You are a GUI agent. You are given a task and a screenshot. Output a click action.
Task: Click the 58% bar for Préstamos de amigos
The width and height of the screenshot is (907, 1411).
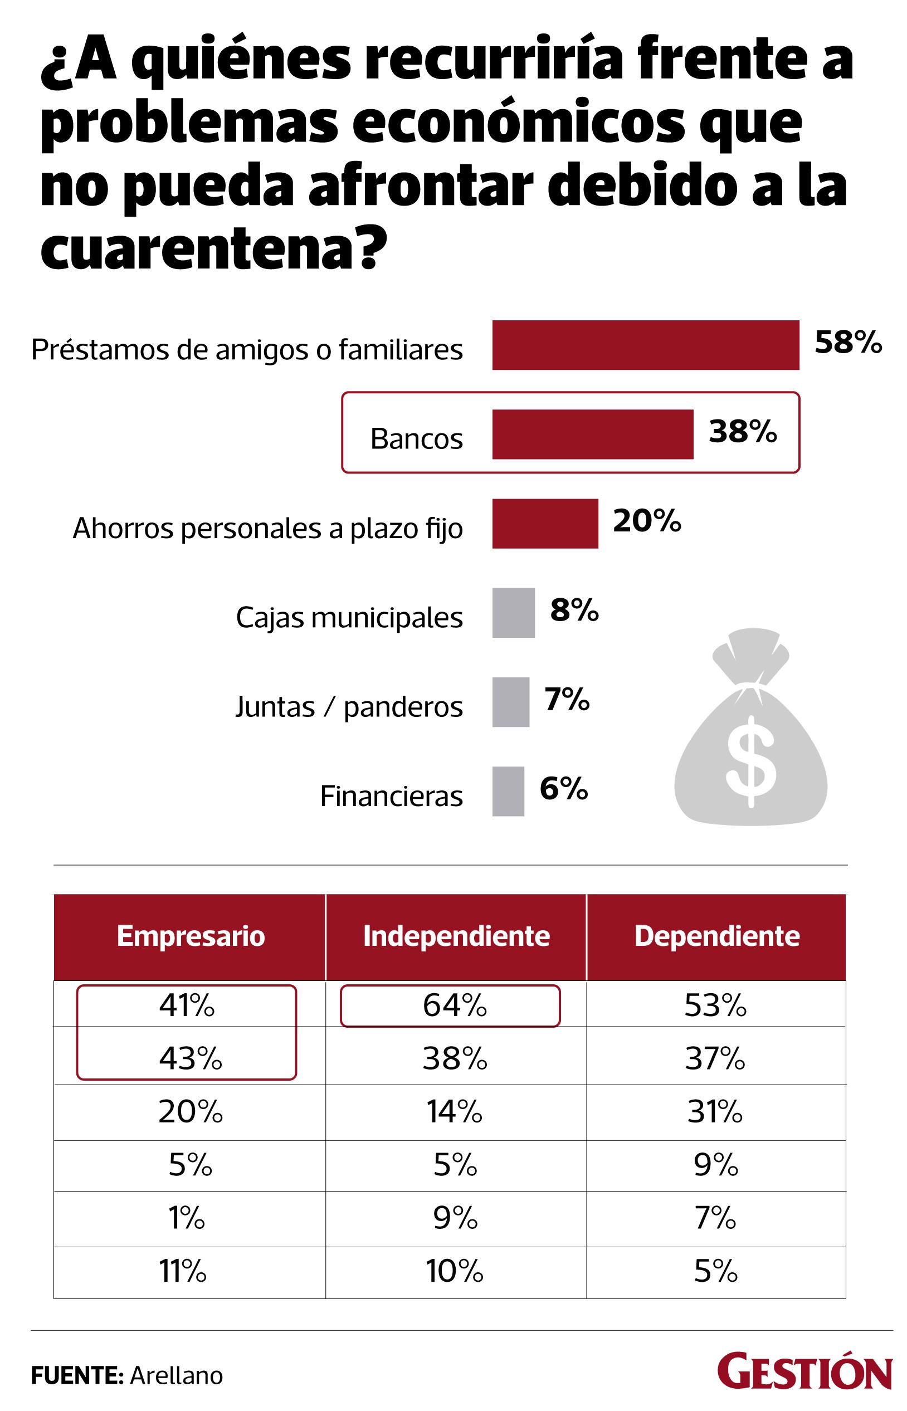point(646,345)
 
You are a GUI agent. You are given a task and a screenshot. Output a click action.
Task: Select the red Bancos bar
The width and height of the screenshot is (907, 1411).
point(592,434)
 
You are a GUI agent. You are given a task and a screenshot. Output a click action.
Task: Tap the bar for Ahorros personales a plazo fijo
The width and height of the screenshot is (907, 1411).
point(545,524)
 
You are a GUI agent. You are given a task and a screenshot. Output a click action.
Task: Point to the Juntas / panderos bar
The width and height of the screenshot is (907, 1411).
point(511,702)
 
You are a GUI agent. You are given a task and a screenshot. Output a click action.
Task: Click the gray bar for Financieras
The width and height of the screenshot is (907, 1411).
point(508,792)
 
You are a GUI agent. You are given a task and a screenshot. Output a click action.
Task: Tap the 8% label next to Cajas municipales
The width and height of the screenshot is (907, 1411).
point(574,610)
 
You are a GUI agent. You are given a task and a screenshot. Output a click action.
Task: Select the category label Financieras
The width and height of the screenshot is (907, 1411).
point(391,796)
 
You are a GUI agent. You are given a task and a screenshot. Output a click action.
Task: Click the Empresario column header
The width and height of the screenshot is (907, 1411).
point(190,936)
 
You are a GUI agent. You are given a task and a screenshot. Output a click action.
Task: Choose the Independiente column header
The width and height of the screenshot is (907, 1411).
point(456,936)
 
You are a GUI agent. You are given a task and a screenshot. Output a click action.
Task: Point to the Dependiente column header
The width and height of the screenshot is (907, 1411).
point(716,936)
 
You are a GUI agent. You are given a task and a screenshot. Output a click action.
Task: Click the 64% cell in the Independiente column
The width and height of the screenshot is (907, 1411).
point(455,1006)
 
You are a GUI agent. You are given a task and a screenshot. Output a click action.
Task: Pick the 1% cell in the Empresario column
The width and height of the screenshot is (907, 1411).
point(187,1218)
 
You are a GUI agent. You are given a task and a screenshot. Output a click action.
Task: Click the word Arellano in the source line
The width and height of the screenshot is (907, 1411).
point(176,1376)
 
